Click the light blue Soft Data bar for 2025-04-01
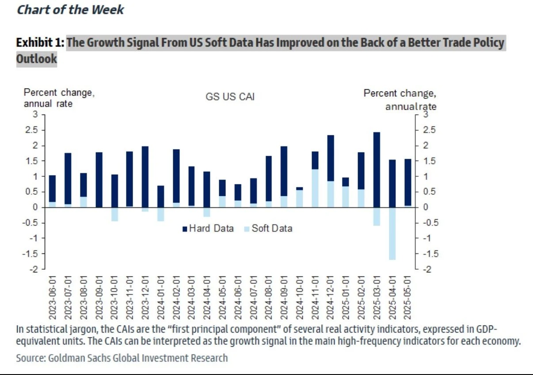pyautogui.click(x=392, y=233)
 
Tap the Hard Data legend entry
pyautogui.click(x=208, y=229)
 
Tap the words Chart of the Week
pyautogui.click(x=70, y=10)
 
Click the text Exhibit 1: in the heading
pyautogui.click(x=40, y=43)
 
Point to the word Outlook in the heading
pyautogui.click(x=37, y=59)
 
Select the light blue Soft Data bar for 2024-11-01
pyautogui.click(x=315, y=188)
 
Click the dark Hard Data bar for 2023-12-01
pyautogui.click(x=145, y=176)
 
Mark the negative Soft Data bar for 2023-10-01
pyautogui.click(x=114, y=214)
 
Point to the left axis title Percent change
pyautogui.click(x=59, y=93)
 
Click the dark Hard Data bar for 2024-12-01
pyautogui.click(x=331, y=158)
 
